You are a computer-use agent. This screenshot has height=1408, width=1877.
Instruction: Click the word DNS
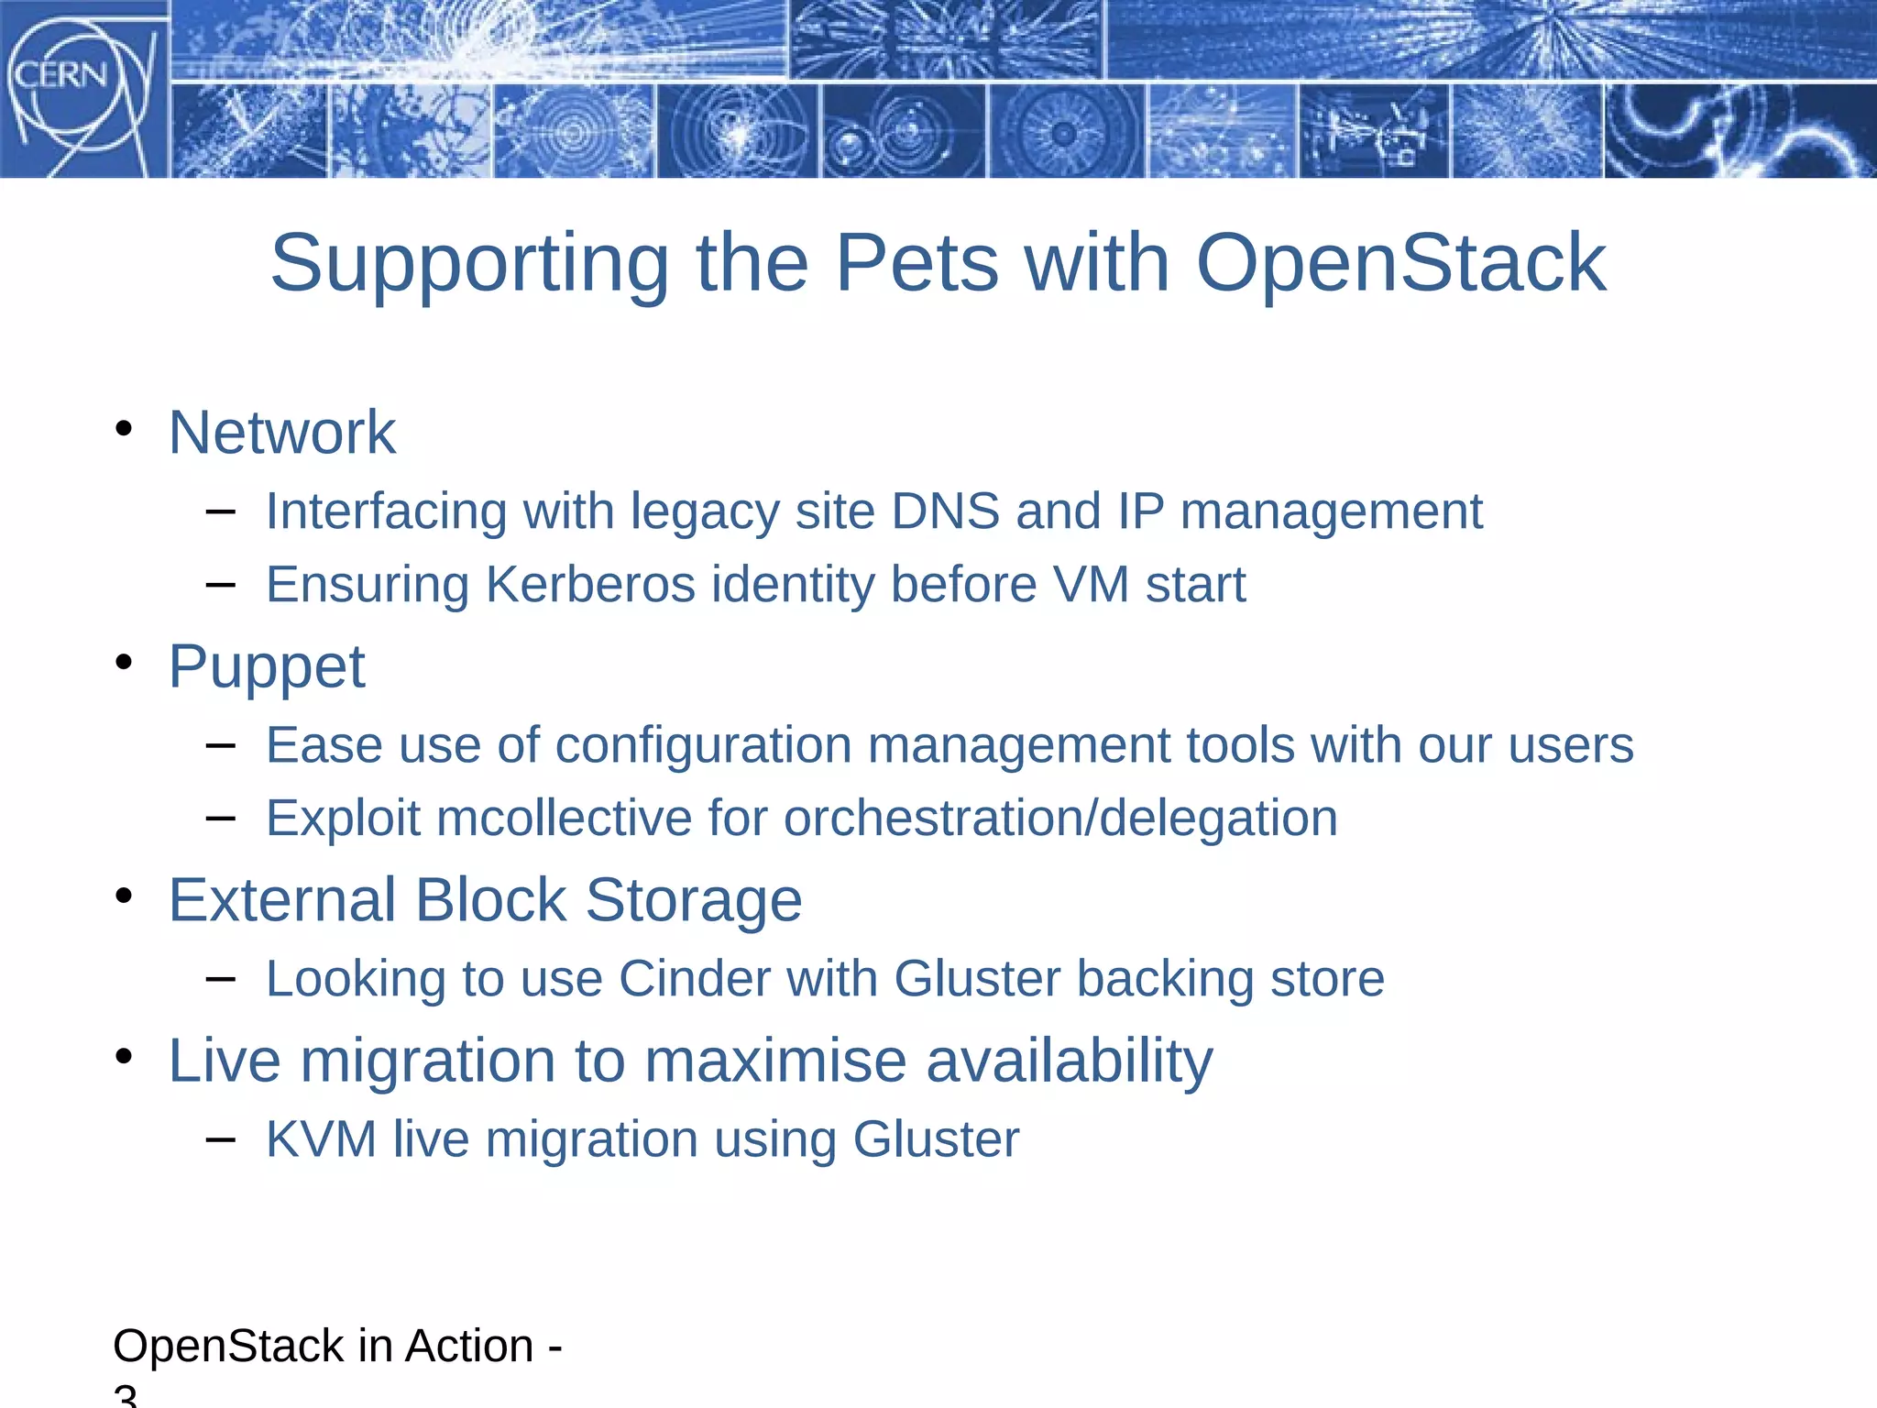(x=945, y=511)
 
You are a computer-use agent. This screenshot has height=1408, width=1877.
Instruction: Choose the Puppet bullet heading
(x=266, y=666)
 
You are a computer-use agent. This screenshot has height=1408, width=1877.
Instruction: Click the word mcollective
(x=564, y=818)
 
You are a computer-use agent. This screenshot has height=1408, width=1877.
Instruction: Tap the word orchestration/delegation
(x=1060, y=818)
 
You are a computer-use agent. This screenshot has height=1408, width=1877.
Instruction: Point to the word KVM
(x=322, y=1139)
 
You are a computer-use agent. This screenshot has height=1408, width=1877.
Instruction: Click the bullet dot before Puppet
(x=125, y=662)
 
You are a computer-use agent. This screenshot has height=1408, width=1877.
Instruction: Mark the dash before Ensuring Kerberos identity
(x=221, y=583)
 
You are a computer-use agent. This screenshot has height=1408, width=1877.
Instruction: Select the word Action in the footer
(x=469, y=1346)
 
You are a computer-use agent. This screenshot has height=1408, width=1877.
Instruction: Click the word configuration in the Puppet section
(x=703, y=744)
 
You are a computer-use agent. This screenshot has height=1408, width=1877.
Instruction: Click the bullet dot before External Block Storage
(x=125, y=896)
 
